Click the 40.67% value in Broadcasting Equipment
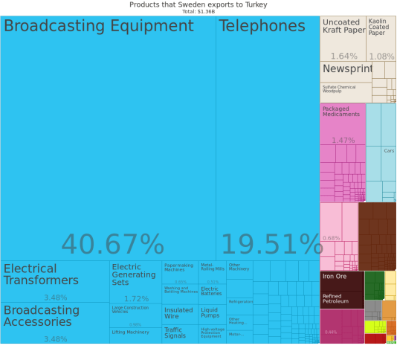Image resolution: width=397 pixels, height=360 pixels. pyautogui.click(x=112, y=245)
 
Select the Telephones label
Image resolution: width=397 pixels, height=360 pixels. pyautogui.click(x=262, y=26)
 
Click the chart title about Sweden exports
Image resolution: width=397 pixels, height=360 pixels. pyautogui.click(x=198, y=4)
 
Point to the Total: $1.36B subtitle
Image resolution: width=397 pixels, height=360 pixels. pyautogui.click(x=198, y=12)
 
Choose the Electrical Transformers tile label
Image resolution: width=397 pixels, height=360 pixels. pyautogui.click(x=41, y=274)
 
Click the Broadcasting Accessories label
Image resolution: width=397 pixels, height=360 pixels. pyautogui.click(x=41, y=316)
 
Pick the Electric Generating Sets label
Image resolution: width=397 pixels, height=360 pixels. pyautogui.click(x=134, y=274)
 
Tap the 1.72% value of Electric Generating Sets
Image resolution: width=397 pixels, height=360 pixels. pyautogui.click(x=136, y=298)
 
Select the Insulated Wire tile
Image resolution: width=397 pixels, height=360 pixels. pyautogui.click(x=178, y=313)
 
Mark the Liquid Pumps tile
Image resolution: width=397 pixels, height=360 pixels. pyautogui.click(x=210, y=313)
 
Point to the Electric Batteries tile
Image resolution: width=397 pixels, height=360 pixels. pyautogui.click(x=210, y=291)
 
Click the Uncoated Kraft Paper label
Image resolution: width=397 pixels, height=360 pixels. pyautogui.click(x=343, y=26)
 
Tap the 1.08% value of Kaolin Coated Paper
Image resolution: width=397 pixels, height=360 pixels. pyautogui.click(x=381, y=57)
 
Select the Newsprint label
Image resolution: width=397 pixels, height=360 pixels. pyautogui.click(x=346, y=68)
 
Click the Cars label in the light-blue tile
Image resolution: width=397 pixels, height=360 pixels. pyautogui.click(x=389, y=151)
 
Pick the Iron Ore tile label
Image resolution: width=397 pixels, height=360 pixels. pyautogui.click(x=335, y=277)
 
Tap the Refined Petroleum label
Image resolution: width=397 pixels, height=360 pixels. pyautogui.click(x=336, y=299)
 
